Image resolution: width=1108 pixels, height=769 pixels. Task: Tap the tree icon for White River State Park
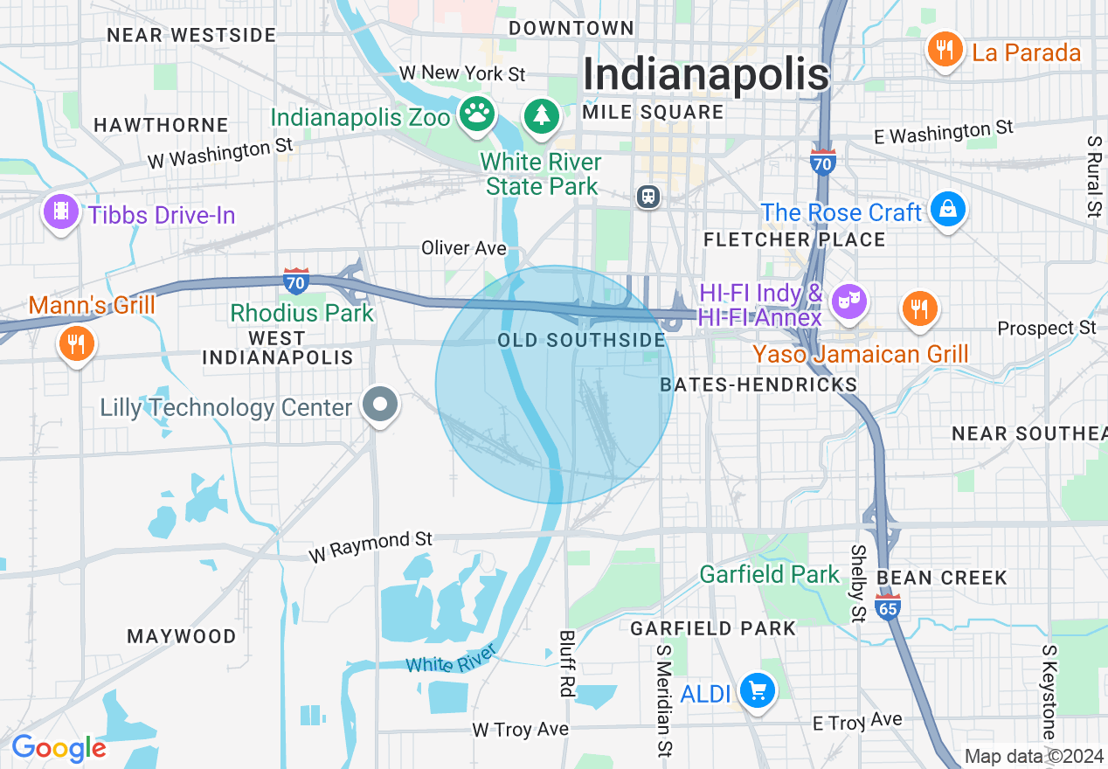pyautogui.click(x=542, y=115)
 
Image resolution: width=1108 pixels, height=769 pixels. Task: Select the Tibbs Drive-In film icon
pyautogui.click(x=59, y=212)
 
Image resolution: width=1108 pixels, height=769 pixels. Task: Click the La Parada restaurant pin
pyautogui.click(x=944, y=50)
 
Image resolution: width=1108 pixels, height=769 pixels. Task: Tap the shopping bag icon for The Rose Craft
pyautogui.click(x=946, y=211)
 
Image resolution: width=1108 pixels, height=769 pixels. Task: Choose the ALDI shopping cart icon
pyautogui.click(x=757, y=692)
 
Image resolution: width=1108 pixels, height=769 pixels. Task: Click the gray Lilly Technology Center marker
pyautogui.click(x=380, y=405)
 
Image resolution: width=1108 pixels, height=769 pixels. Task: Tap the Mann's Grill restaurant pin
pyautogui.click(x=77, y=343)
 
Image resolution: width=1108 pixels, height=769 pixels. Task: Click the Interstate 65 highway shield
pyautogui.click(x=888, y=606)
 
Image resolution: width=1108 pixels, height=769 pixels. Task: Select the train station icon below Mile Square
pyautogui.click(x=648, y=196)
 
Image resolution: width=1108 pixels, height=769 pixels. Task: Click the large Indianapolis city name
pyautogui.click(x=705, y=73)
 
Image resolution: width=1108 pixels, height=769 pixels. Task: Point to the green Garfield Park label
pyautogui.click(x=769, y=574)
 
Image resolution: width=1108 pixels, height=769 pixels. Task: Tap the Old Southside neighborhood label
pyautogui.click(x=581, y=340)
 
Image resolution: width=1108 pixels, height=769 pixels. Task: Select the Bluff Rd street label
pyautogui.click(x=566, y=663)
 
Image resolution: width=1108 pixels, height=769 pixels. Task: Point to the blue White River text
pyautogui.click(x=451, y=658)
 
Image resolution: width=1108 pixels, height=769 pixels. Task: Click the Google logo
pyautogui.click(x=58, y=748)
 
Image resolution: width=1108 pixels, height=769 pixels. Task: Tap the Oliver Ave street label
pyautogui.click(x=464, y=248)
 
